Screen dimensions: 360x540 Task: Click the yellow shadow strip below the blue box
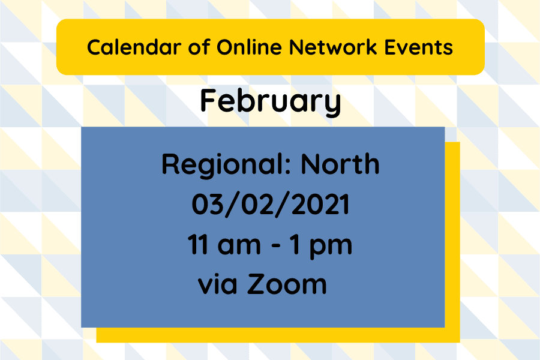pos(276,335)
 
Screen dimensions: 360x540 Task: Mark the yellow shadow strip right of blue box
pos(452,240)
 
